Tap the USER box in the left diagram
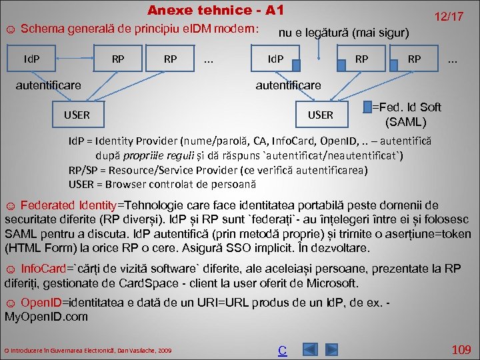pos(77,115)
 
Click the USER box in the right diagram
pos(320,115)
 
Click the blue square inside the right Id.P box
pos(297,65)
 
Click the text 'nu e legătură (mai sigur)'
pos(343,31)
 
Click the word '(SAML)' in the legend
pos(406,122)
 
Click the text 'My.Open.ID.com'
pos(46,317)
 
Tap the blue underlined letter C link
pos(282,350)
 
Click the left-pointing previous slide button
pos(308,349)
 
